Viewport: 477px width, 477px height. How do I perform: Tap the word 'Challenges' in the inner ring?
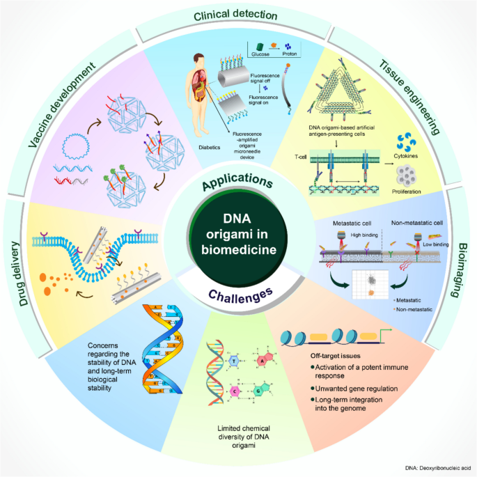point(238,294)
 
